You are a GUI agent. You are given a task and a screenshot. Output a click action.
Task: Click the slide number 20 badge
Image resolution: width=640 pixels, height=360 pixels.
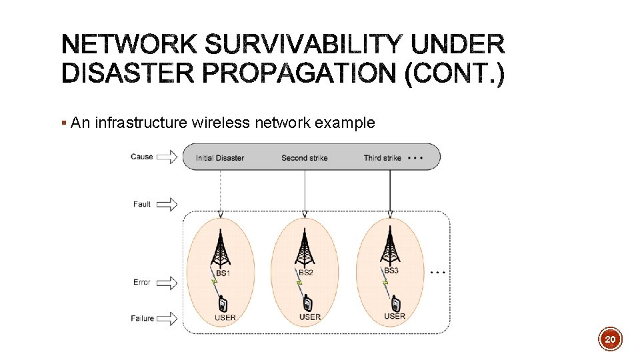(610, 339)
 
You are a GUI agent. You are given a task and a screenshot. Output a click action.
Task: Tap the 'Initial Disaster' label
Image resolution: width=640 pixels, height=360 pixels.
(220, 158)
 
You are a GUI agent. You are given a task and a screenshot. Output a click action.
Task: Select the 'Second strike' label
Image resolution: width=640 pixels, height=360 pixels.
(304, 158)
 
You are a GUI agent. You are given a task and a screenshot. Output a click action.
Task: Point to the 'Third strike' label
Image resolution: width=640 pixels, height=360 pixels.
(383, 158)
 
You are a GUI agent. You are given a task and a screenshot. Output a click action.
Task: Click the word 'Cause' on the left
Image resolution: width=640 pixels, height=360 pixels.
(142, 157)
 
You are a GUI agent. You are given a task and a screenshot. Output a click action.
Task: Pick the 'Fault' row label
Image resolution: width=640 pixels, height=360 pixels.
(142, 204)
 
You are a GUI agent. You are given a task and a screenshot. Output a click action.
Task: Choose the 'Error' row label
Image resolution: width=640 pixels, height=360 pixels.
(142, 282)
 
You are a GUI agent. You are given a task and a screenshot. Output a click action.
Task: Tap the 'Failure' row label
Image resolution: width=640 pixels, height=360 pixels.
(143, 318)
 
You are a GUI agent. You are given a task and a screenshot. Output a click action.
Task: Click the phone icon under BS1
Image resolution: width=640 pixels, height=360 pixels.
(223, 303)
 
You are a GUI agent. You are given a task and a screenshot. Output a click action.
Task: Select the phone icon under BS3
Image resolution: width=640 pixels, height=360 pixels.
(395, 303)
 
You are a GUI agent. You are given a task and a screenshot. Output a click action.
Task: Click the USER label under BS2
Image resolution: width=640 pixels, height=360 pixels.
(309, 317)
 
